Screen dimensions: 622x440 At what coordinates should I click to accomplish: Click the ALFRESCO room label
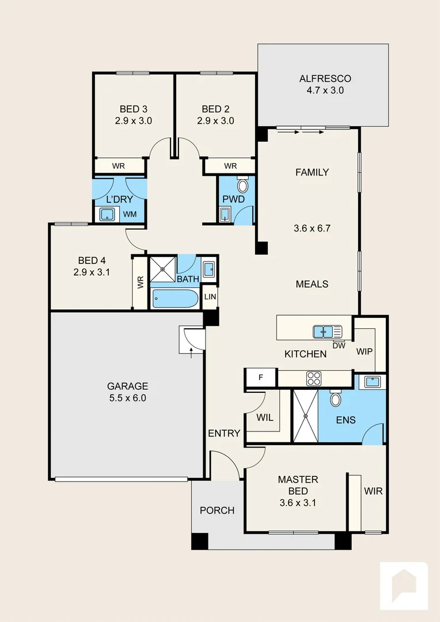[325, 79]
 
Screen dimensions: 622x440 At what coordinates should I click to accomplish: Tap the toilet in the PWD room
[242, 186]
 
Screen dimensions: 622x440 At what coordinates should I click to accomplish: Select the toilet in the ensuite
[335, 399]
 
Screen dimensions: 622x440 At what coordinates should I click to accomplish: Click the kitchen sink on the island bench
[327, 332]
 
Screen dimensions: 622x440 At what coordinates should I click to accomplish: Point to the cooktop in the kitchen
[313, 378]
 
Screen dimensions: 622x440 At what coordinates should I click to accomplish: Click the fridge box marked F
[260, 378]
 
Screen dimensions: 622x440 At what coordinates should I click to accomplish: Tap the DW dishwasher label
[339, 346]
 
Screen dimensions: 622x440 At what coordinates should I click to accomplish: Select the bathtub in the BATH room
[175, 299]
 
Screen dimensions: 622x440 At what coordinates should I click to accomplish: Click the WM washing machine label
[130, 215]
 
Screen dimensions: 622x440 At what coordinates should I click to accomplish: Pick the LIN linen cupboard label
[211, 297]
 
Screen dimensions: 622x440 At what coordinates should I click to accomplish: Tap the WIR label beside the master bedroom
[373, 492]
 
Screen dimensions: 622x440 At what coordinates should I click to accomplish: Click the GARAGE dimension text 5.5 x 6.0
[127, 398]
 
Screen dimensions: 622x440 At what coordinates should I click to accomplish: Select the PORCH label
[217, 510]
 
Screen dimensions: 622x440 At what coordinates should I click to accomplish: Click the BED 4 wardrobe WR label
[140, 283]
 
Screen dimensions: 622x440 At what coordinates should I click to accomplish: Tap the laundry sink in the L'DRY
[107, 215]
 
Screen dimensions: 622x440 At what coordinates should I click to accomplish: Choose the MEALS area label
[312, 284]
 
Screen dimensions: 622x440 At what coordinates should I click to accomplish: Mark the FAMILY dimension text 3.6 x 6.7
[312, 228]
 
